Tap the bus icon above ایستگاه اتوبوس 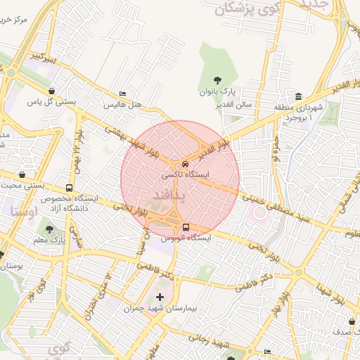coord(186,227)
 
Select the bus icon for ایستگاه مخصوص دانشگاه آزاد coord(69,188)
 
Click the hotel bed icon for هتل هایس coord(123,94)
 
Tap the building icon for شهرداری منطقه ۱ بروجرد coord(299,96)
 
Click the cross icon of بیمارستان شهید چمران coord(160,297)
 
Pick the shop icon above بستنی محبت coord(23,174)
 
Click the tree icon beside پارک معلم coord(49,229)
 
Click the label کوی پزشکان coord(235,9)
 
